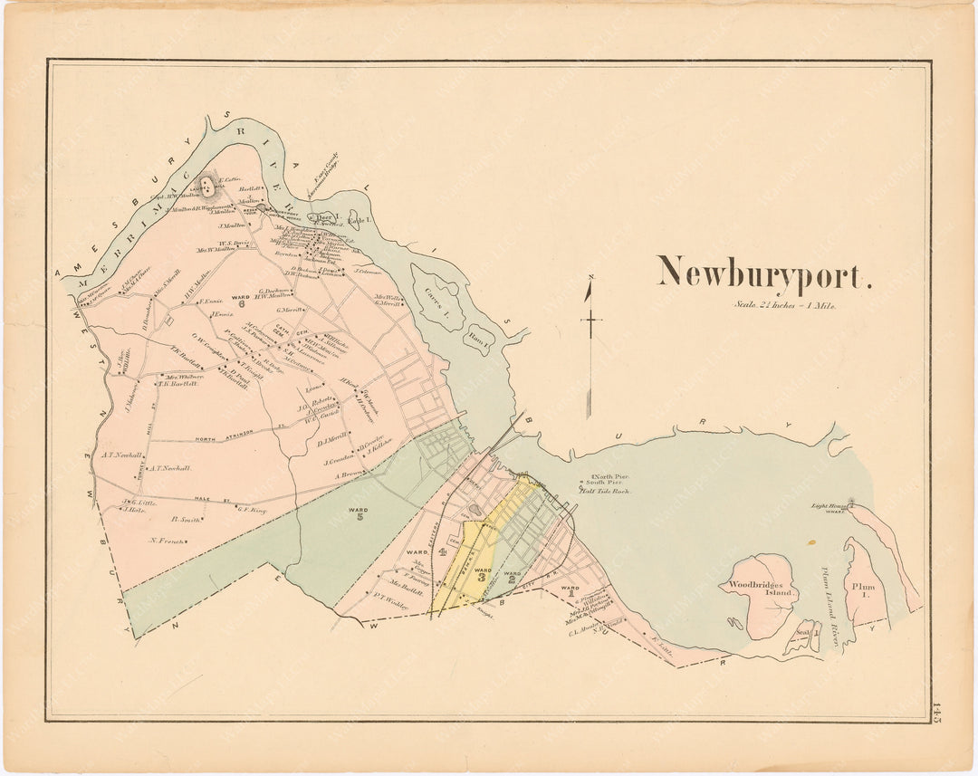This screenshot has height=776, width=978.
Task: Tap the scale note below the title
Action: (785, 306)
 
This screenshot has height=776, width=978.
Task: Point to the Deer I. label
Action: (325, 217)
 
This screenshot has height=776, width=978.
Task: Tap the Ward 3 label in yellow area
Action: (482, 573)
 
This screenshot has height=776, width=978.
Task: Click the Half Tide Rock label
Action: (605, 491)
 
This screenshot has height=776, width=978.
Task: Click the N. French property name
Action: (168, 541)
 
